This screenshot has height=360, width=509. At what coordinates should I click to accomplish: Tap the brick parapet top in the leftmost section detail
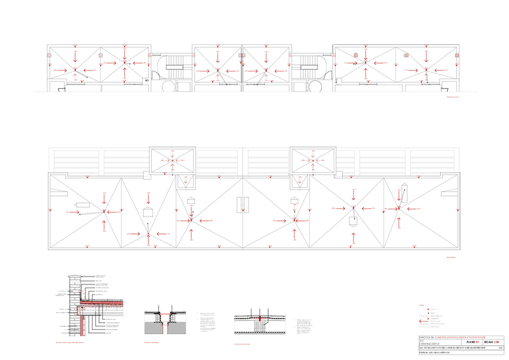(x=74, y=277)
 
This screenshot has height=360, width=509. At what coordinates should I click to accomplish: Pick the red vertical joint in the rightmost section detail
(x=259, y=317)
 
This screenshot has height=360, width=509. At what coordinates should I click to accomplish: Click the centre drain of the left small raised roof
(x=172, y=160)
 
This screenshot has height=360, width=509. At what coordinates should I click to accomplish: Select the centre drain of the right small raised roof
(x=312, y=160)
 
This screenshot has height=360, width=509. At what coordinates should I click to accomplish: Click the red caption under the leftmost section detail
(x=76, y=344)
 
